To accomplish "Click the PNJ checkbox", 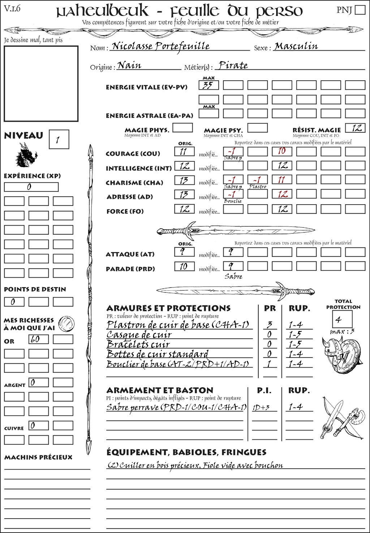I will point(360,9).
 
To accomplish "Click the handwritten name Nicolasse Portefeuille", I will point(160,46).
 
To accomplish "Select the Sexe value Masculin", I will point(296,46).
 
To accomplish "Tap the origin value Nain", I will point(129,65).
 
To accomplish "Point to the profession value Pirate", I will point(233,65).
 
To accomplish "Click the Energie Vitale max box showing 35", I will point(208,85).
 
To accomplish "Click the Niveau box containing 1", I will point(59,139).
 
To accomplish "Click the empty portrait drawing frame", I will point(41,84).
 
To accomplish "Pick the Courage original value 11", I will point(184,152).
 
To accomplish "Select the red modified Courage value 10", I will point(282,152).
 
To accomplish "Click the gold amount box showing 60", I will point(38,339).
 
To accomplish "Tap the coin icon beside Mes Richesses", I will point(66,324).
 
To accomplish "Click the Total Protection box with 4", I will point(342,319).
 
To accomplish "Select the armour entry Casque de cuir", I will point(139,334).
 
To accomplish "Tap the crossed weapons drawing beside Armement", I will point(341,419).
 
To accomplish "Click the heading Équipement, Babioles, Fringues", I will point(186,452).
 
